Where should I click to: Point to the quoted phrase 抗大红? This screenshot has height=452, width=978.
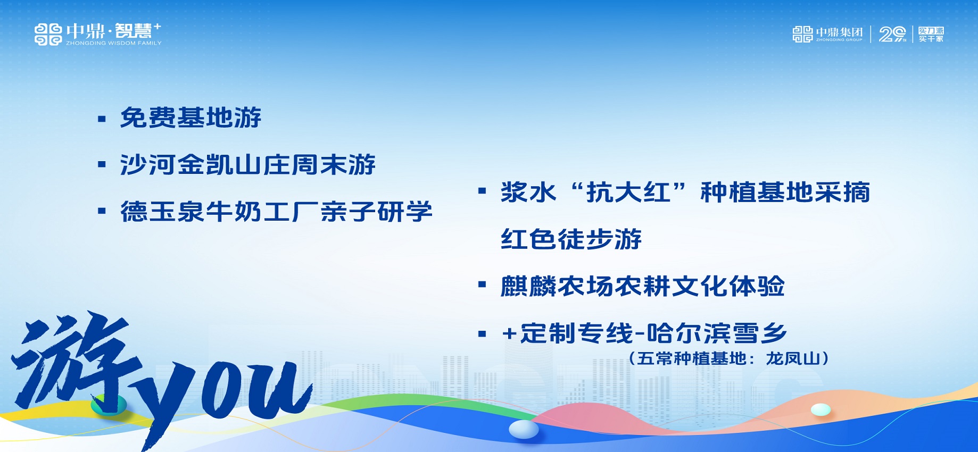[628, 192]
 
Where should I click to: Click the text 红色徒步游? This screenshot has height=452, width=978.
[571, 239]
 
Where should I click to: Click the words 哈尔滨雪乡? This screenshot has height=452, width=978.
[717, 333]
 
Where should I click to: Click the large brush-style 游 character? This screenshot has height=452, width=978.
[74, 362]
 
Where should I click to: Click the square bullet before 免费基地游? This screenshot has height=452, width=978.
[102, 119]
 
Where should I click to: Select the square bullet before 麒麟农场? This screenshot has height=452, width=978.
[482, 284]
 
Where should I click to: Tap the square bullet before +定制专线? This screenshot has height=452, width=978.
[482, 334]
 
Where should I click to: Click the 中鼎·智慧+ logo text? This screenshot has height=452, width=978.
[113, 31]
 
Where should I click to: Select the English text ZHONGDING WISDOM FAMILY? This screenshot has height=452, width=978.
[114, 43]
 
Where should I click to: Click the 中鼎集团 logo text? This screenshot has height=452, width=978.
[839, 32]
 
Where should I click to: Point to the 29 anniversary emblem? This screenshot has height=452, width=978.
[892, 35]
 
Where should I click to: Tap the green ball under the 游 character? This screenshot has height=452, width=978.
[109, 405]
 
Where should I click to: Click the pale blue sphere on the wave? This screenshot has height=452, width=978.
[524, 429]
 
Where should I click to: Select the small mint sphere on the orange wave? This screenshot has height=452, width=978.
[821, 409]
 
